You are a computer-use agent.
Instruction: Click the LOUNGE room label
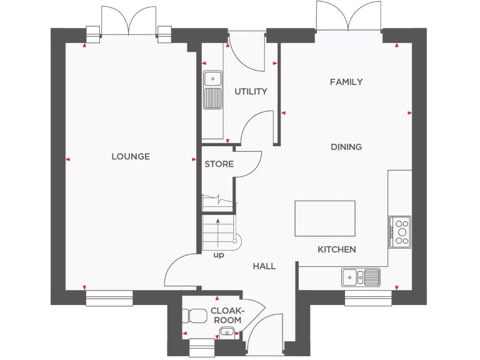tap(131, 156)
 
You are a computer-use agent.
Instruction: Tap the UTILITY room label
tap(251, 91)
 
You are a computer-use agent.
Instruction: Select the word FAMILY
tap(346, 82)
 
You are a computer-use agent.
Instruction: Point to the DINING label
tap(346, 147)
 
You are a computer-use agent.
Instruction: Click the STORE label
tap(219, 164)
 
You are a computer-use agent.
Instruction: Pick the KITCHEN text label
tap(337, 249)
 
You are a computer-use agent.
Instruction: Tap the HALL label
tap(264, 266)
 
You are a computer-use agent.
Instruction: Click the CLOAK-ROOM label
tap(227, 315)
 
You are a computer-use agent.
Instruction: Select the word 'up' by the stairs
tap(219, 255)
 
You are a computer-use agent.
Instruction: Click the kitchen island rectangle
tap(324, 219)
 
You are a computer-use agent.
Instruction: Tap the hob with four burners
tap(400, 231)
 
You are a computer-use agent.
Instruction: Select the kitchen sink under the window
tap(361, 276)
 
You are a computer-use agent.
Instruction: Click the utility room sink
tap(212, 90)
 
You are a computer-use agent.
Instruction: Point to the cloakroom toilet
tap(192, 316)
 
